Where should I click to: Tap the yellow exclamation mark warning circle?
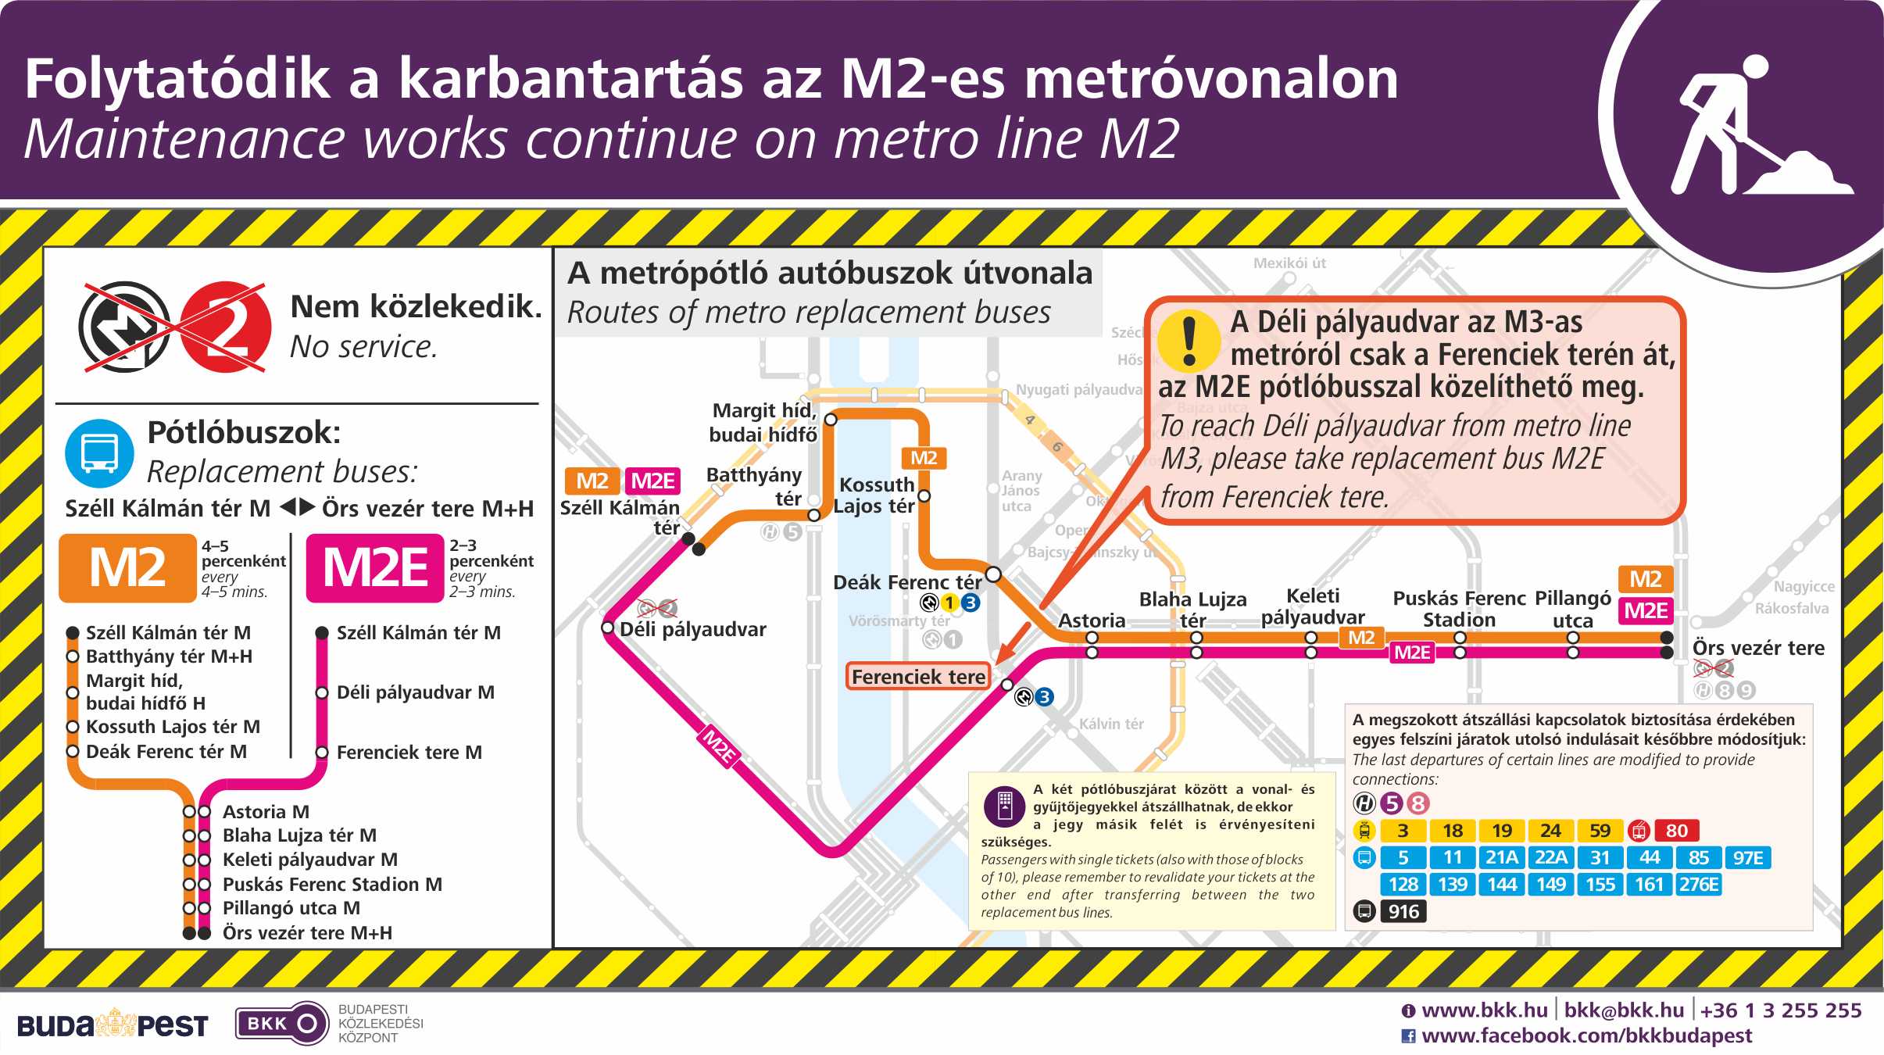1189,340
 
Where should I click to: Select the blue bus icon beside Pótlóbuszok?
99,453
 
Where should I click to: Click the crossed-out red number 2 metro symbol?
225,327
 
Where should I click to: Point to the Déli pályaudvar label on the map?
692,630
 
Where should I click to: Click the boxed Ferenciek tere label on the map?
918,677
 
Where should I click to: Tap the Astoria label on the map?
1091,620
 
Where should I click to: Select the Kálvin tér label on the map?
1110,724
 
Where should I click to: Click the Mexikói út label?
1289,263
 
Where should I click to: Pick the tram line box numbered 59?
1600,831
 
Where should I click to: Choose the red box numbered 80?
1676,831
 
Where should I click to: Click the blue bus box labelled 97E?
1747,858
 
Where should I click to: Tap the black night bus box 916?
1403,911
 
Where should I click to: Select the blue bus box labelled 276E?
1699,885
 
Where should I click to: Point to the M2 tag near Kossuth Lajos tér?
924,458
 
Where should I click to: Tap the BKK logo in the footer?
281,1024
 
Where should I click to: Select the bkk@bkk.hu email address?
1624,1010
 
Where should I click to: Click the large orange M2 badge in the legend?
127,568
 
